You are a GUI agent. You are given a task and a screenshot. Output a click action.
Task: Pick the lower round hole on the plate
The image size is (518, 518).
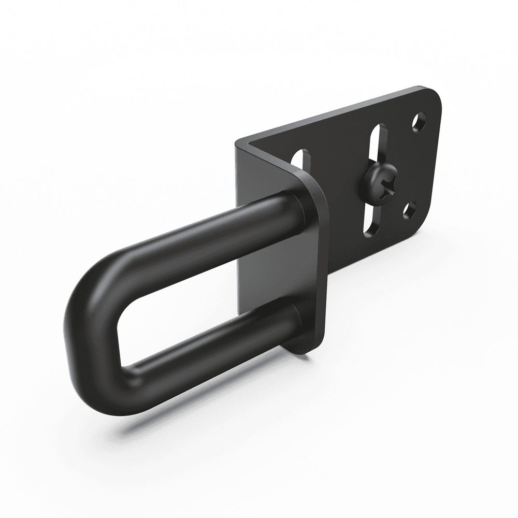(409, 210)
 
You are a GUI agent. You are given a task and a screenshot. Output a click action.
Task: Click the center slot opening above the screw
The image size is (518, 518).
(380, 144)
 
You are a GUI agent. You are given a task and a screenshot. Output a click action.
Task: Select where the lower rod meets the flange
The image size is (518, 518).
(294, 316)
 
